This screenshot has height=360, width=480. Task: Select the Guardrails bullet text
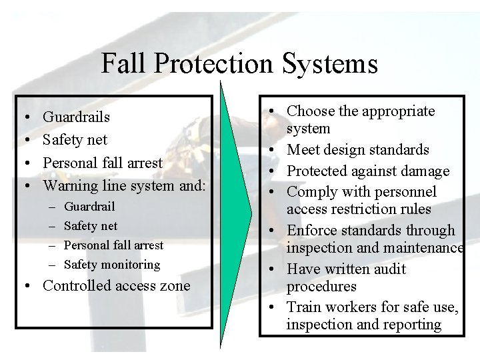click(x=76, y=117)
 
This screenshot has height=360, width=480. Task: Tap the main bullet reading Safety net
click(x=75, y=140)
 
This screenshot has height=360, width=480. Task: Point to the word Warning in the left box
click(x=69, y=185)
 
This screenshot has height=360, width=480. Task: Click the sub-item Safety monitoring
click(x=112, y=265)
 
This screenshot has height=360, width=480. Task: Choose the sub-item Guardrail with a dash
click(x=89, y=207)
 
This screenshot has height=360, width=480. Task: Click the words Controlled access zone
click(x=116, y=286)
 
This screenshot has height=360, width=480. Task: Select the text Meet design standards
click(x=358, y=150)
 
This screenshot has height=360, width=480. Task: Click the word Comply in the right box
click(x=311, y=192)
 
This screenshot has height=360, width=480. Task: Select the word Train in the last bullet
click(x=303, y=307)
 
